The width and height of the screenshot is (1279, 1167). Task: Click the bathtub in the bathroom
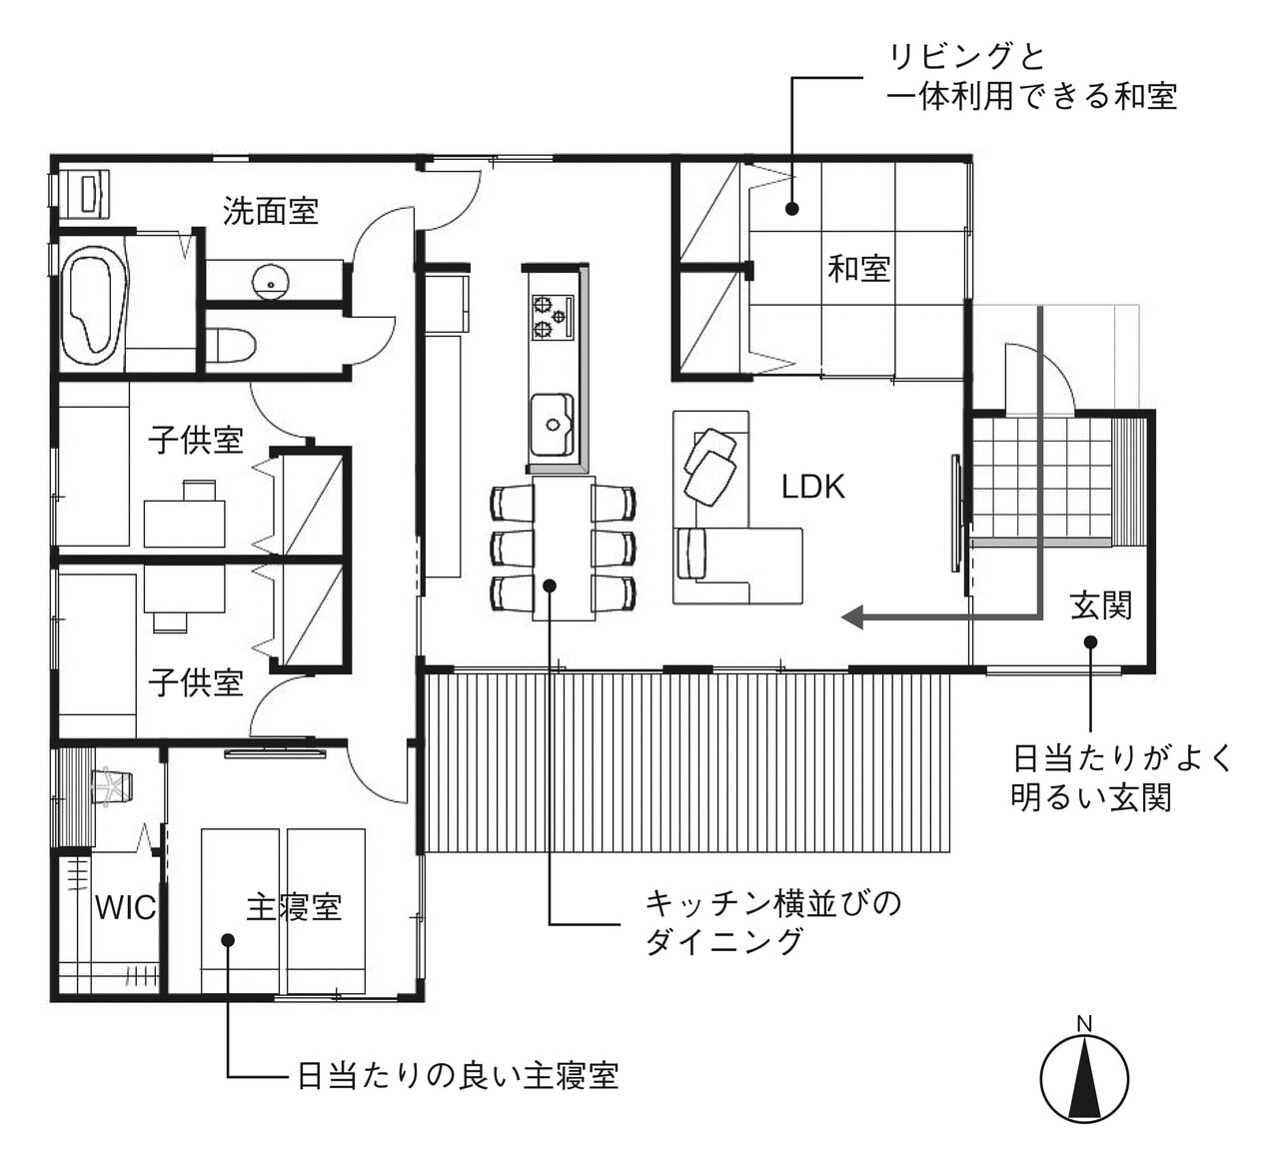click(x=95, y=304)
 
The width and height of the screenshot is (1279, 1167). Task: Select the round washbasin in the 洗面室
click(x=270, y=280)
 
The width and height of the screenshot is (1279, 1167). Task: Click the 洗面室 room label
click(x=270, y=211)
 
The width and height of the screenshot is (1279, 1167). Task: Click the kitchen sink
click(x=552, y=425)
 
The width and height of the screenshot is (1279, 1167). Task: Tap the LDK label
click(x=812, y=487)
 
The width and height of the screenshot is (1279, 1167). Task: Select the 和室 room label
click(x=858, y=268)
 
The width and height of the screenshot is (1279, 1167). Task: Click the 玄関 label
click(x=1100, y=604)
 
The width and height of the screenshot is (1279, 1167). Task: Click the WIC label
click(x=125, y=907)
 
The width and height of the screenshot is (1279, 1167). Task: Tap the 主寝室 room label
click(x=294, y=907)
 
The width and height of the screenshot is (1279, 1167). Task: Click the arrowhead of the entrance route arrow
click(x=852, y=617)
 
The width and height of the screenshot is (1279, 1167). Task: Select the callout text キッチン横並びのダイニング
click(x=772, y=922)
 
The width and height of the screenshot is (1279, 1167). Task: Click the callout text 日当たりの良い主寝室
click(x=458, y=1075)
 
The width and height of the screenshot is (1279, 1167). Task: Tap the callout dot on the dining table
click(x=550, y=585)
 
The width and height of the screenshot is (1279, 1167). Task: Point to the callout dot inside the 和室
click(x=791, y=209)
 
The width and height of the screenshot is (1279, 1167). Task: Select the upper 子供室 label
click(x=196, y=440)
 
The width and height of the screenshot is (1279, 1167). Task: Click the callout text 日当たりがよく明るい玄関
click(x=1122, y=777)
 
